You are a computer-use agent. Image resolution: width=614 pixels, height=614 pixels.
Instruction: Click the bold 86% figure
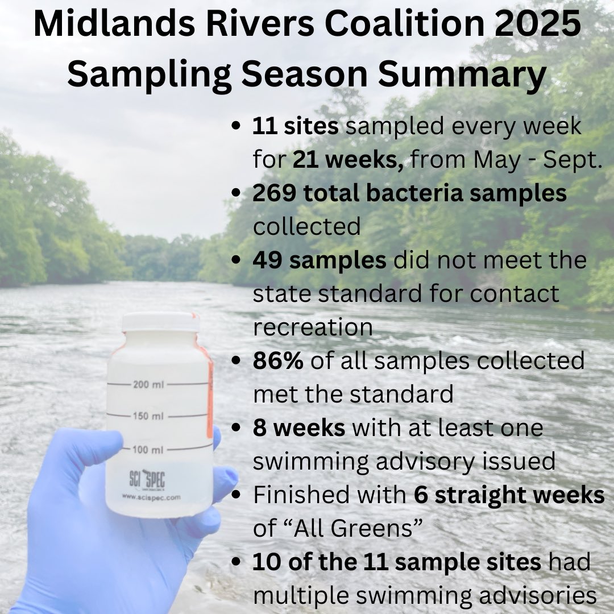[x=278, y=361]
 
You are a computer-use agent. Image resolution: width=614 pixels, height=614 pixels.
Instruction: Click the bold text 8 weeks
[x=299, y=428]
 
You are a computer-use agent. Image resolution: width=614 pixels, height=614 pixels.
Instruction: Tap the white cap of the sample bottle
[x=160, y=322]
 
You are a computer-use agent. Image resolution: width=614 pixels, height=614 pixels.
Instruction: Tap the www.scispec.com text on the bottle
[x=151, y=496]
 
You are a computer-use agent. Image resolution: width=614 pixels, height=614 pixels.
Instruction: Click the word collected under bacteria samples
[x=307, y=226]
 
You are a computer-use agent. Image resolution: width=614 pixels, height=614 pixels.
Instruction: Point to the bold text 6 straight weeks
[x=509, y=495]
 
